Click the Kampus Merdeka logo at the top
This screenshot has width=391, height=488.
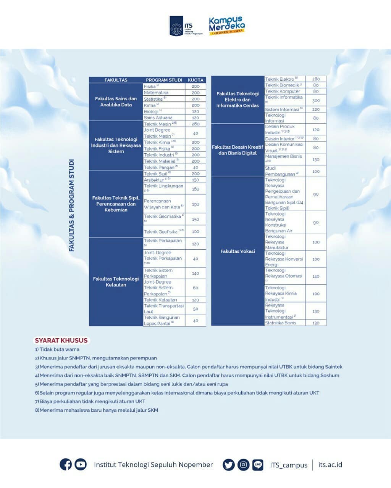tap(227, 26)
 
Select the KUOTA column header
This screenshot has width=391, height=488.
tap(195, 80)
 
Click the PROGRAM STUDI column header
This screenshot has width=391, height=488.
tap(164, 80)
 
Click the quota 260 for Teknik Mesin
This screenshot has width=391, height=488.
tap(195, 124)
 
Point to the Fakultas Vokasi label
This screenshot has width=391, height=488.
tap(238, 251)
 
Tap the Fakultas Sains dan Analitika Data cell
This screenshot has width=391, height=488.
tap(116, 101)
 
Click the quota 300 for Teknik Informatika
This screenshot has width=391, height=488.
tap(316, 100)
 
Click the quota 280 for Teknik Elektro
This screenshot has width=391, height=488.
tap(316, 79)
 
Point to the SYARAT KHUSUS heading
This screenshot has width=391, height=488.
tap(61, 340)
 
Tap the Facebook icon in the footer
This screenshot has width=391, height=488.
tap(66, 464)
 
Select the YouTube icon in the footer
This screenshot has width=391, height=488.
tap(81, 464)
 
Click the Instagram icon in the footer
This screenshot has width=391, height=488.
tap(243, 464)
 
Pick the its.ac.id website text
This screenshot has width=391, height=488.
tap(330, 464)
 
